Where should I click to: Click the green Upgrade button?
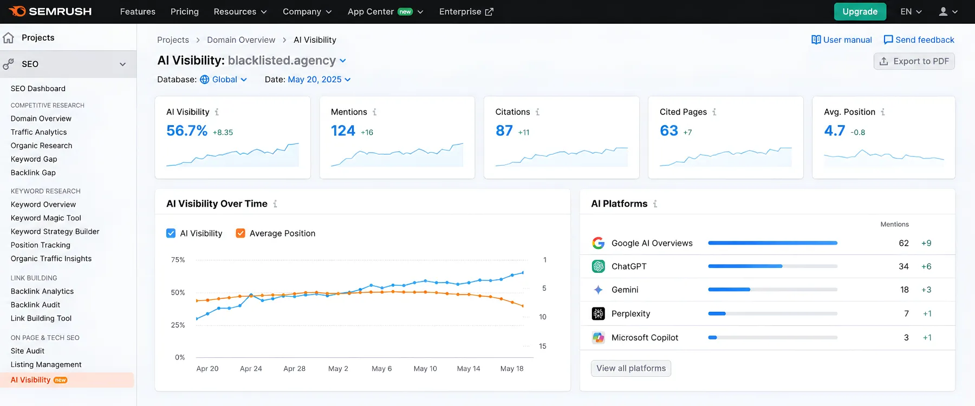[860, 11]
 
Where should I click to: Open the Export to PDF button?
[914, 61]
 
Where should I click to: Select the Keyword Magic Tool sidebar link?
[46, 218]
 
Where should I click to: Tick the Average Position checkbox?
[240, 233]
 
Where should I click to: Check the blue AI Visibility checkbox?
[171, 233]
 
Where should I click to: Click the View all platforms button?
[631, 368]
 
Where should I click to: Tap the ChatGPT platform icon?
[599, 266]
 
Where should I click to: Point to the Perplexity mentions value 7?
[906, 313]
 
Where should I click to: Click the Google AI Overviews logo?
[599, 243]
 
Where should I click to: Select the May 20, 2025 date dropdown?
[319, 80]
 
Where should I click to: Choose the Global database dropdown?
[224, 80]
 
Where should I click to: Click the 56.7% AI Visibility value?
[187, 130]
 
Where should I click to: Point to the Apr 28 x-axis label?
[295, 369]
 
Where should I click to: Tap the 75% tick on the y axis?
[178, 260]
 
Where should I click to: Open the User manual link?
[842, 40]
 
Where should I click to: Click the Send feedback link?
[919, 40]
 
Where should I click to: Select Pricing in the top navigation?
[185, 11]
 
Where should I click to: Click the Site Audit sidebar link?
[28, 351]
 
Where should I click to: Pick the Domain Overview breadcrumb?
[241, 40]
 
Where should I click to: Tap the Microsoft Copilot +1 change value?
[927, 337]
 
